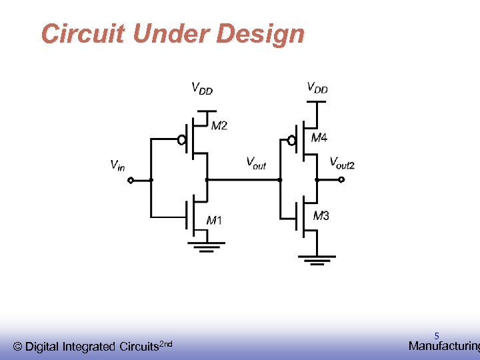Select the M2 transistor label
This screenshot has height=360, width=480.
click(x=219, y=126)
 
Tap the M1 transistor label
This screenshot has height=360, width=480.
click(x=214, y=221)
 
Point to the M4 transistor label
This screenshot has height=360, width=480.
click(x=319, y=139)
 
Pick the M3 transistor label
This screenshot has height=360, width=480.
click(x=321, y=215)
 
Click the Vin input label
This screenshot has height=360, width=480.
click(x=117, y=165)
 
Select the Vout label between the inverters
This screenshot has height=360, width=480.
click(x=256, y=162)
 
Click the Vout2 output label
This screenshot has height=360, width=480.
click(x=342, y=162)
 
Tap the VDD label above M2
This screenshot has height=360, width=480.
click(x=202, y=87)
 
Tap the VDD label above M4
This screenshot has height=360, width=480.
click(x=317, y=87)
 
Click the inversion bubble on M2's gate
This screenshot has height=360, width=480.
click(x=181, y=140)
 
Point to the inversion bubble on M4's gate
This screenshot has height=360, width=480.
click(x=291, y=141)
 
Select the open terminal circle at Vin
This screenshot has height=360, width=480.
click(x=131, y=180)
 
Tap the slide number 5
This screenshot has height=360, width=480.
click(x=437, y=337)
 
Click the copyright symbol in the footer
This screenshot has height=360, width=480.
click(x=18, y=347)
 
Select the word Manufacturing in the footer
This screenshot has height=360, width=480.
click(x=444, y=346)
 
